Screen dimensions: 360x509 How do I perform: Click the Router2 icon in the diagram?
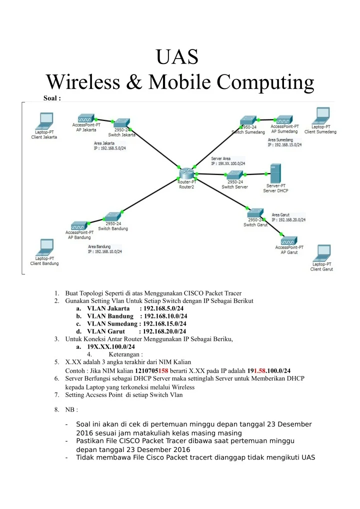point(186,173)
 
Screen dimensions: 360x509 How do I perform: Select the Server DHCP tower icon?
point(275,173)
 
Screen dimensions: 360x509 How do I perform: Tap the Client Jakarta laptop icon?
point(45,121)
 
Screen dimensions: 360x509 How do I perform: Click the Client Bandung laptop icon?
point(45,247)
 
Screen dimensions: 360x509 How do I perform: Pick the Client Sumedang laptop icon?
point(321,116)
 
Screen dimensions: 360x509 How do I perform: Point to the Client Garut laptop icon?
point(322,253)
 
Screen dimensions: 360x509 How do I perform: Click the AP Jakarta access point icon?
point(86,118)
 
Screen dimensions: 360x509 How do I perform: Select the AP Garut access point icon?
point(288,240)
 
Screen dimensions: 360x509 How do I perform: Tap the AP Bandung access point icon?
point(79,225)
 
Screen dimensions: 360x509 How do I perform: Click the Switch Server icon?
point(234,175)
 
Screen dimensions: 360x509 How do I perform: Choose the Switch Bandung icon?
point(113,216)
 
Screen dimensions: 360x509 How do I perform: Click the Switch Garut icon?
point(255,213)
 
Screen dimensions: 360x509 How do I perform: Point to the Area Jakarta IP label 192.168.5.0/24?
point(110,148)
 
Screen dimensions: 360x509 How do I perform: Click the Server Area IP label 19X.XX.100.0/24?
point(228,163)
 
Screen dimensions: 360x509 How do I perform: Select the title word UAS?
point(177,57)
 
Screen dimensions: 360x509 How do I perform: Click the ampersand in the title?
point(134,82)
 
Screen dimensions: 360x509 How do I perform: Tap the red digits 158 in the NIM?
point(163,370)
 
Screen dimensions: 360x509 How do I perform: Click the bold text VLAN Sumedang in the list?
point(112,323)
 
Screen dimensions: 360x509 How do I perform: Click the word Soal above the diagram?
point(50,98)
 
